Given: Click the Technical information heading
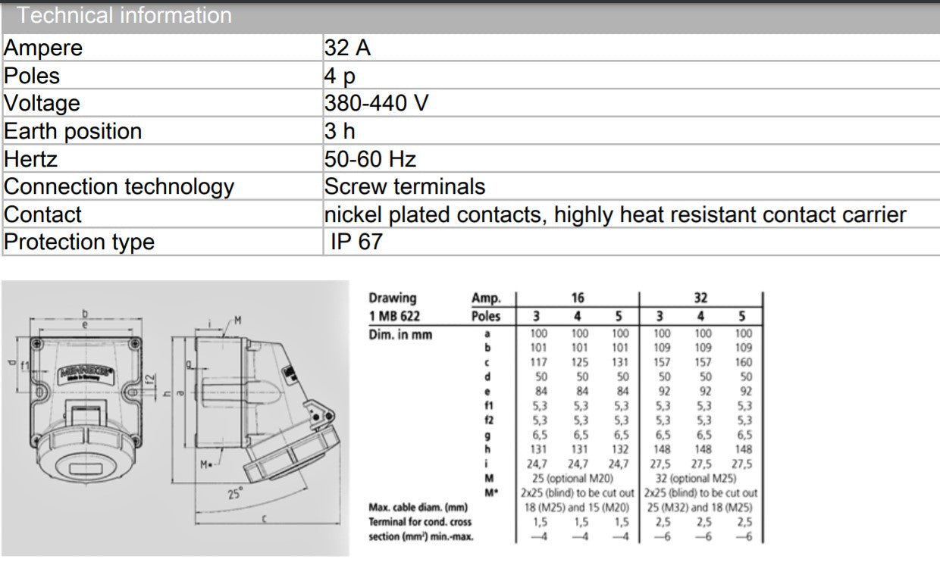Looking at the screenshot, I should [124, 15].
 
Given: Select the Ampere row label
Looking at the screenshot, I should [43, 48].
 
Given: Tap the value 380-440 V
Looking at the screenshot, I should [376, 103].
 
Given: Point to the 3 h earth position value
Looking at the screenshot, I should [339, 131].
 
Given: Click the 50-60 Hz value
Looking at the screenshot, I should [370, 159].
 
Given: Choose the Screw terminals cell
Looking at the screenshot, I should [404, 186].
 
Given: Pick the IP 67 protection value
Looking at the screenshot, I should [356, 242].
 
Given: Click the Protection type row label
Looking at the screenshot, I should [79, 242].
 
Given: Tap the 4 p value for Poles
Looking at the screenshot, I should [339, 76].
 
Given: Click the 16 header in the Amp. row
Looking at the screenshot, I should [578, 298].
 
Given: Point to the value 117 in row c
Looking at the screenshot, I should [538, 362].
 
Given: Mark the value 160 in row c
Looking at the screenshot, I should [744, 362].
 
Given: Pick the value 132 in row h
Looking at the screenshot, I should [620, 449].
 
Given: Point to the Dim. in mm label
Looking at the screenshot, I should [399, 334].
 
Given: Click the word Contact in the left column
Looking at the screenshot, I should [42, 214].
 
